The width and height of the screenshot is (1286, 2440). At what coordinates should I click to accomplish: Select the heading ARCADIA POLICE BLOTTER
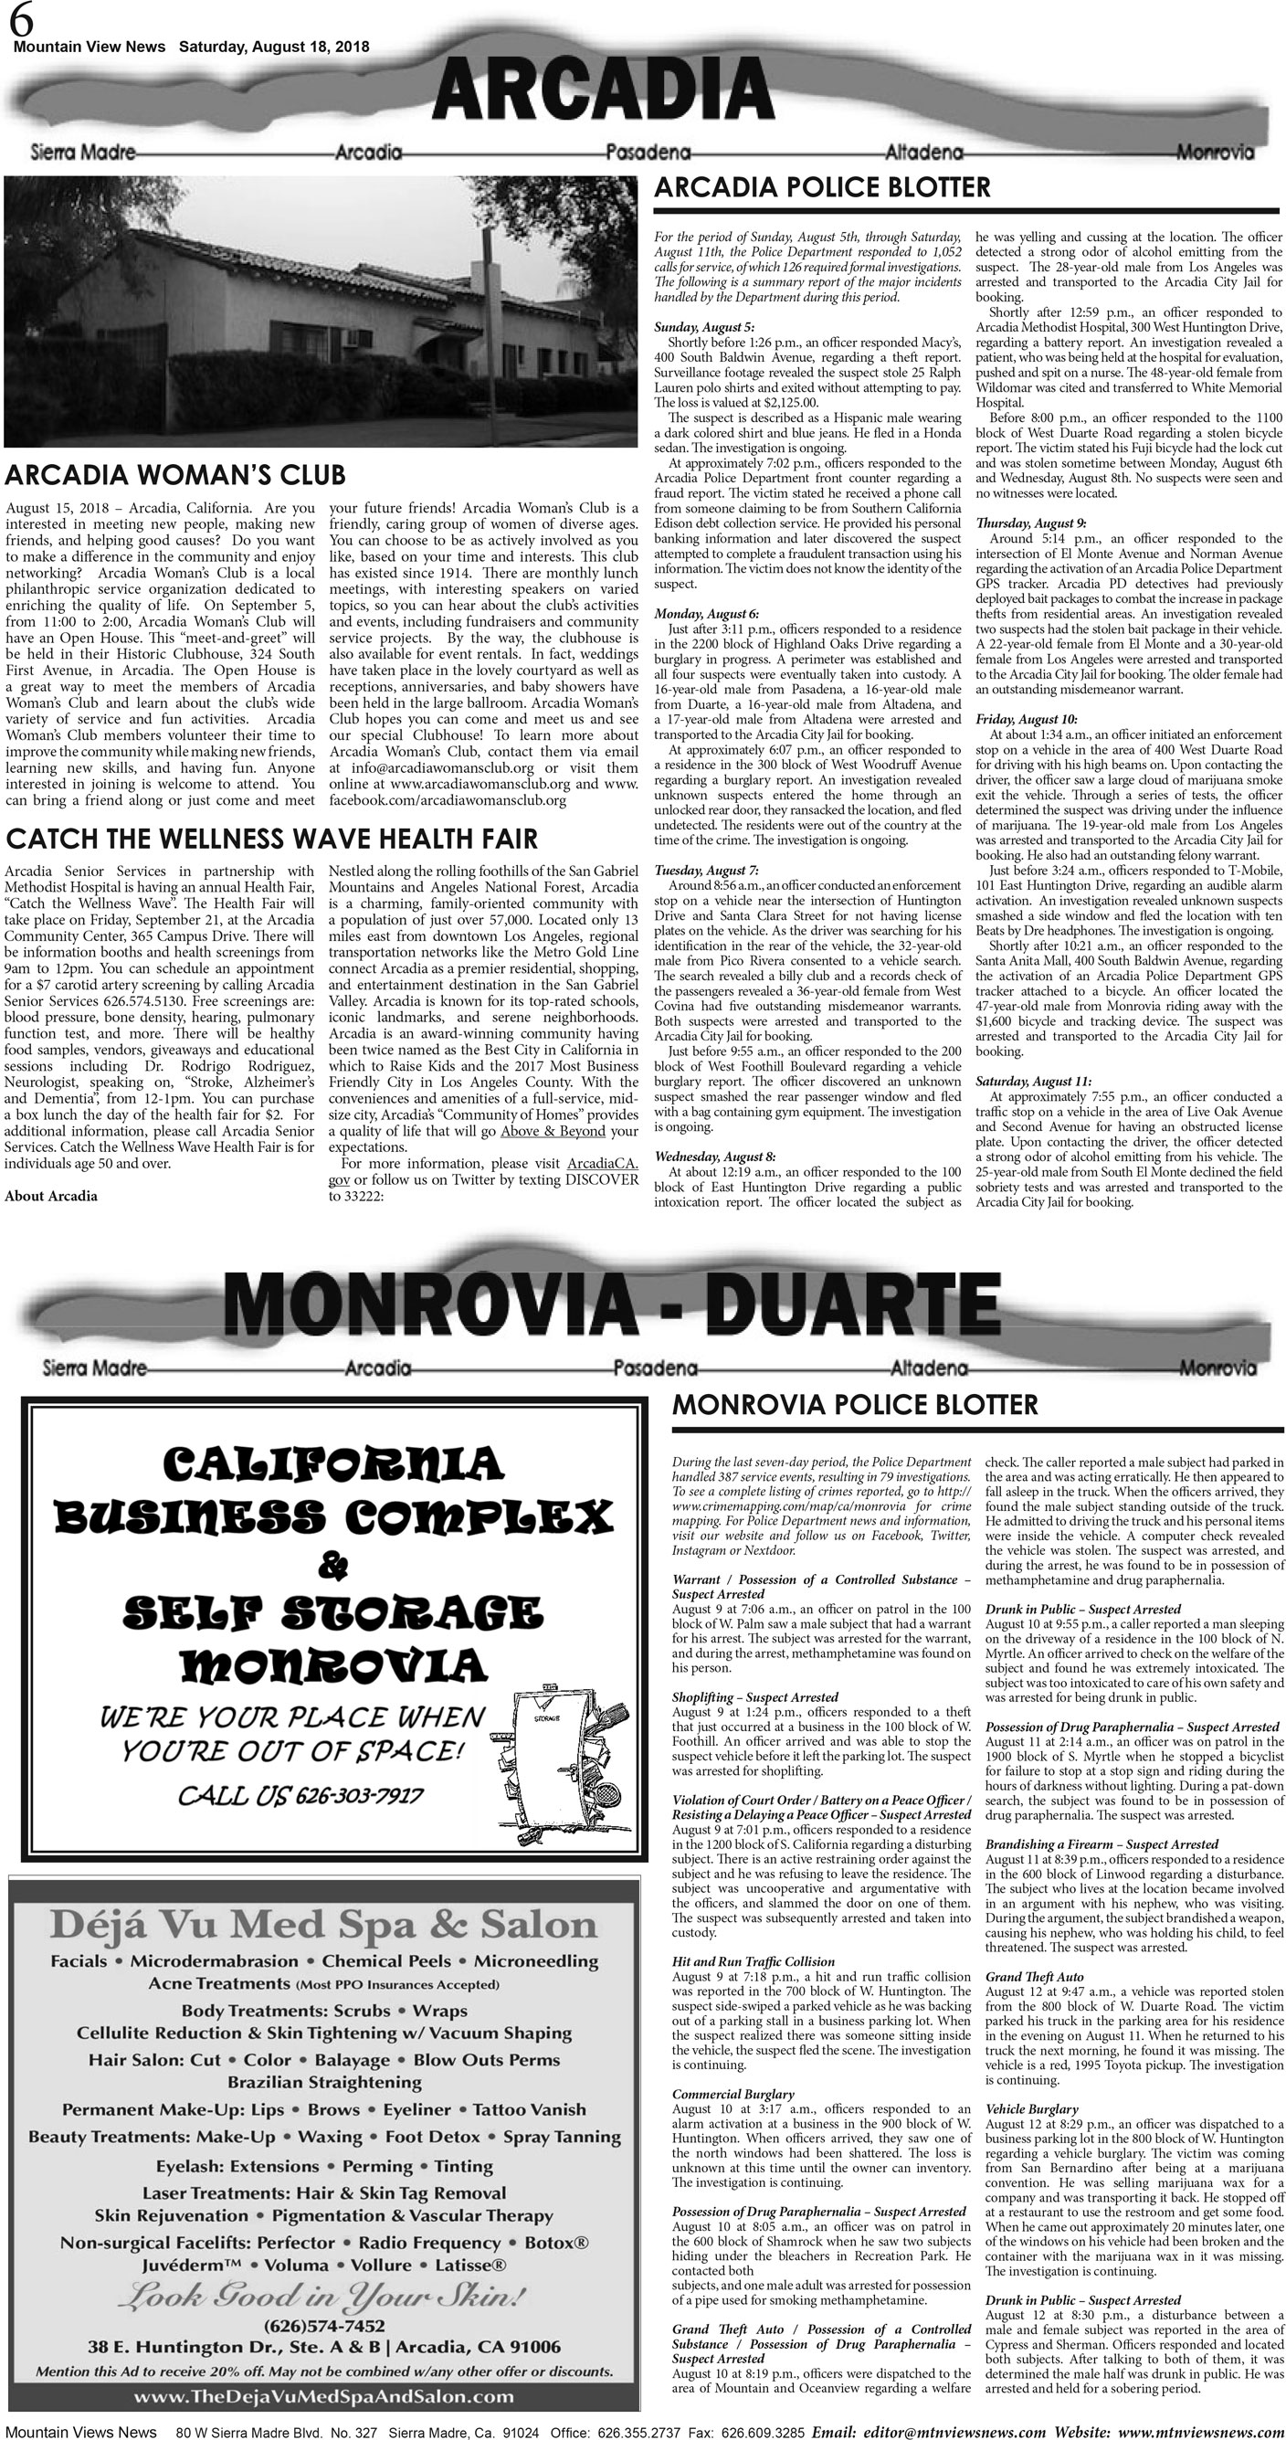coord(822,187)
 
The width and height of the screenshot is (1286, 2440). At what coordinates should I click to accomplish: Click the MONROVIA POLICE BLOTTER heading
coord(854,1405)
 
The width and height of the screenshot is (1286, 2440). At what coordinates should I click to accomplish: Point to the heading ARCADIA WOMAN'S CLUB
coord(175,474)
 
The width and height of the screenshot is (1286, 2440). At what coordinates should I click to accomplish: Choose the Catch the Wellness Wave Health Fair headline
coord(272,839)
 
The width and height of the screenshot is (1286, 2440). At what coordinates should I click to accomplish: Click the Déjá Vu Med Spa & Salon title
coord(324,1924)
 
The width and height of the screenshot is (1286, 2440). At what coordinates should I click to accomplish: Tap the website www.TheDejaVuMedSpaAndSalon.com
coord(324,2395)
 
